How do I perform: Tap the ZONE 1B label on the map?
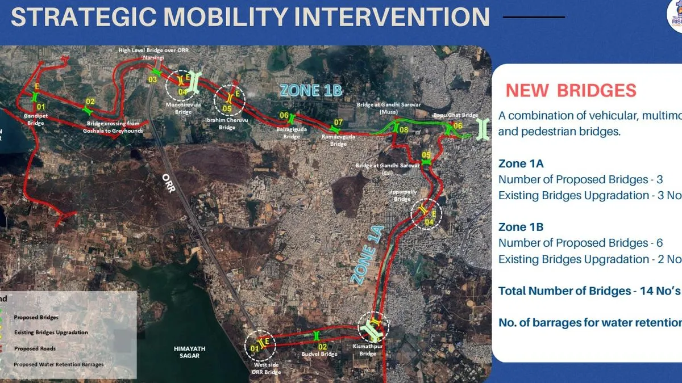click(311, 90)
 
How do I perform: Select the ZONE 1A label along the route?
click(369, 255)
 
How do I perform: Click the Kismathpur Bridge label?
click(368, 350)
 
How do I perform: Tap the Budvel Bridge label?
click(319, 354)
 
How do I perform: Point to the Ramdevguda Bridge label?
click(338, 140)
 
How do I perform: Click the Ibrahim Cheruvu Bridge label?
click(227, 124)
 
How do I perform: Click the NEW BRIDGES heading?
click(571, 90)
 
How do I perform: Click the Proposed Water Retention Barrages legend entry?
click(59, 364)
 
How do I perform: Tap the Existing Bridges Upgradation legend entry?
click(51, 333)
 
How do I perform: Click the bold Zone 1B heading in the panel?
click(521, 227)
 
